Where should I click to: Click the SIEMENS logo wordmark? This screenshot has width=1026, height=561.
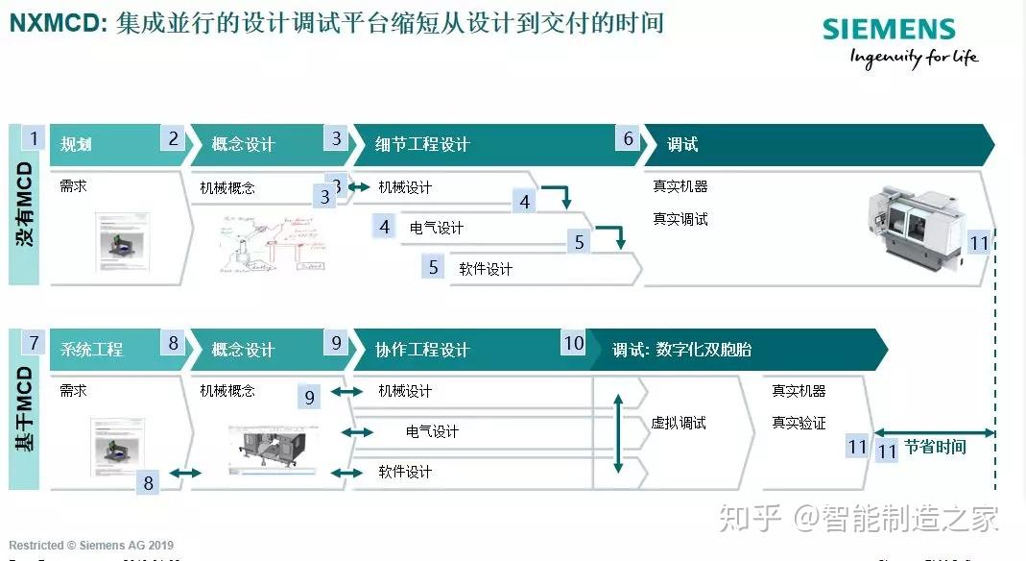pyautogui.click(x=888, y=29)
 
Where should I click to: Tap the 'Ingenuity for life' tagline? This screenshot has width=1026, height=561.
pyautogui.click(x=913, y=58)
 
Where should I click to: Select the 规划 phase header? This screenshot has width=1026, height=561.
pyautogui.click(x=76, y=145)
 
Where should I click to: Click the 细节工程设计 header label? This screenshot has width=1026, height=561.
pyautogui.click(x=422, y=145)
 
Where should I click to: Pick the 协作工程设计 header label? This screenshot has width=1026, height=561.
pyautogui.click(x=422, y=350)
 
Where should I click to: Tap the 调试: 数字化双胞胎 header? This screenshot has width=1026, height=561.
pyautogui.click(x=682, y=350)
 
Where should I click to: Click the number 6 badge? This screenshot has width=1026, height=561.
pyautogui.click(x=629, y=139)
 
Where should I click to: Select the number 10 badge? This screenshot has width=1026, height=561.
pyautogui.click(x=573, y=343)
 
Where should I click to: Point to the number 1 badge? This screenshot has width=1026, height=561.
pyautogui.click(x=34, y=138)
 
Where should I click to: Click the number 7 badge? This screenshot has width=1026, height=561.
pyautogui.click(x=34, y=343)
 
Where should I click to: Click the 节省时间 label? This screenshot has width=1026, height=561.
pyautogui.click(x=935, y=448)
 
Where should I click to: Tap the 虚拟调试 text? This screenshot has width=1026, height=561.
pyautogui.click(x=679, y=423)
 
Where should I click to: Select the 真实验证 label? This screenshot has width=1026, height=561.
pyautogui.click(x=799, y=423)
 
